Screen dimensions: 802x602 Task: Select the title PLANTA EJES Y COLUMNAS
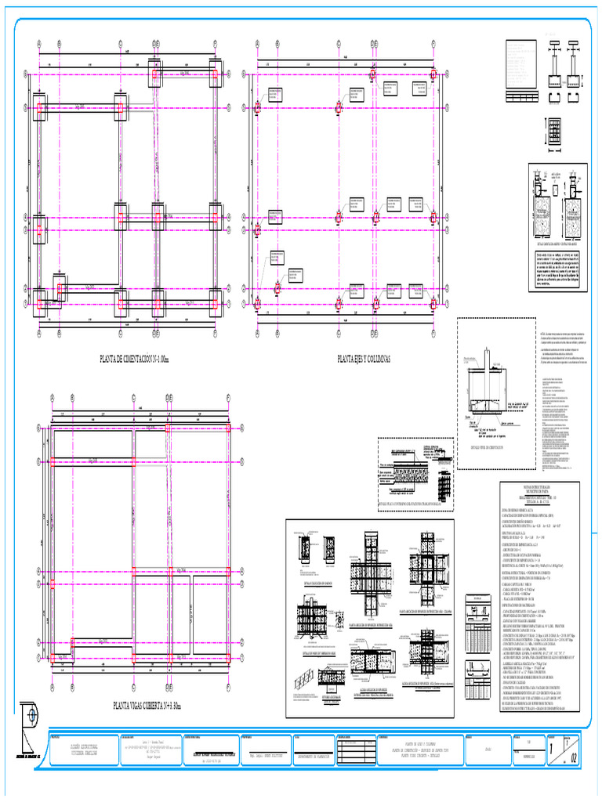tap(363, 359)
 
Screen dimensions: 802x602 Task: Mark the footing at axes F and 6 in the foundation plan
tap(216, 302)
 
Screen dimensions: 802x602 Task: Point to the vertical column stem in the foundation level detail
tap(487, 361)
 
